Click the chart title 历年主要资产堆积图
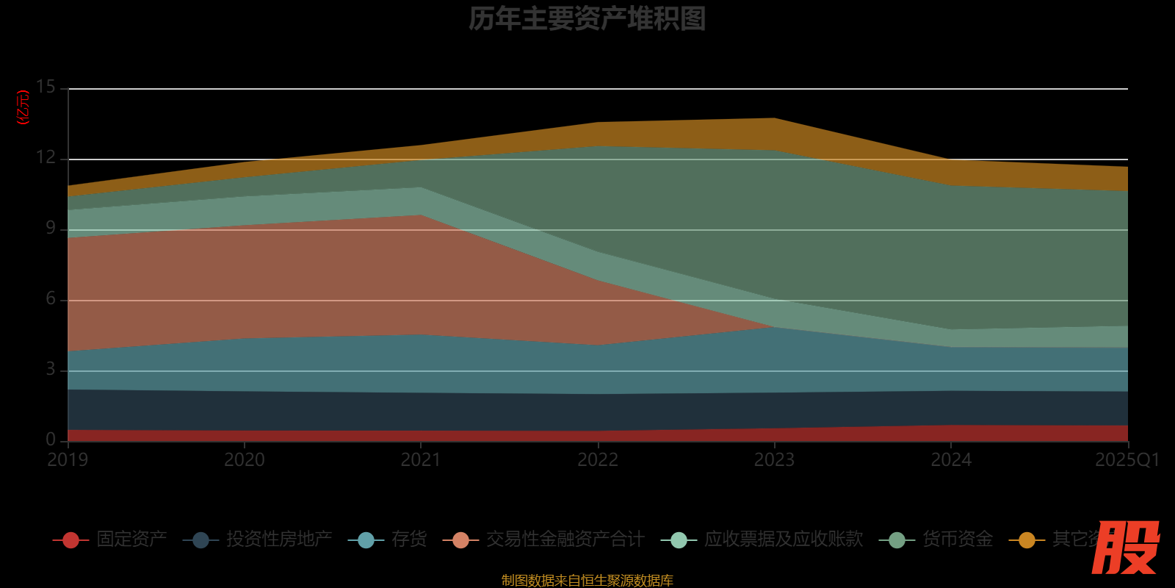(587, 19)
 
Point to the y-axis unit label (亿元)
(23, 107)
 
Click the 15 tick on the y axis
(46, 87)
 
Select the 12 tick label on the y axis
(46, 157)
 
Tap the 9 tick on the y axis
(50, 228)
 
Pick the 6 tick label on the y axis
(50, 298)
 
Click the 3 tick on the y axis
(50, 369)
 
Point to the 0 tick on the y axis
(50, 440)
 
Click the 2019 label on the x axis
(68, 460)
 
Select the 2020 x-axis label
(245, 460)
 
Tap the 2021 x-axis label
(421, 460)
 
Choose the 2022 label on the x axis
(598, 460)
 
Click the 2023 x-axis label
(775, 460)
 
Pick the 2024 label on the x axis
(951, 460)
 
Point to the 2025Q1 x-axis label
(1127, 460)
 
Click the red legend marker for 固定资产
(71, 540)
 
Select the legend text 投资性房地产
(279, 539)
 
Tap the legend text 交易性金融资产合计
(565, 539)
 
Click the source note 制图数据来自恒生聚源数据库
(587, 581)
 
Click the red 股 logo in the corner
(1125, 548)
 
